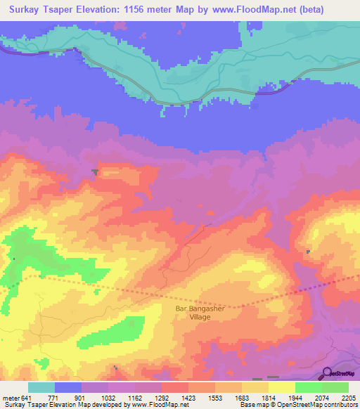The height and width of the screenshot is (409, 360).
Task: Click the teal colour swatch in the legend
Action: (41, 387)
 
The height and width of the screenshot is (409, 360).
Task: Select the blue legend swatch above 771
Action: (67, 387)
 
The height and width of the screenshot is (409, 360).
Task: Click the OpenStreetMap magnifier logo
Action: (328, 374)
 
